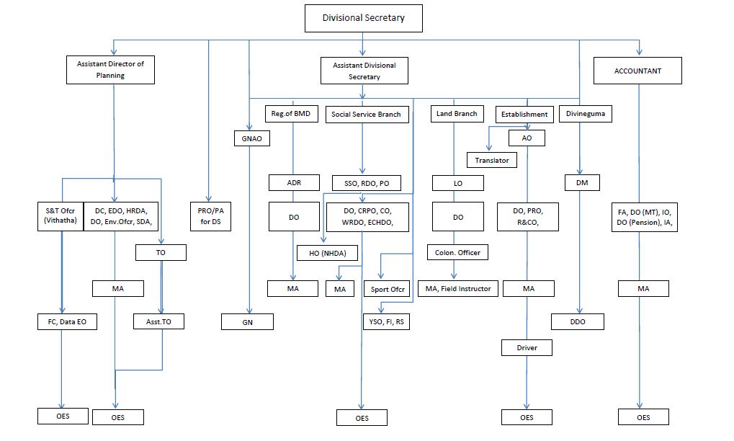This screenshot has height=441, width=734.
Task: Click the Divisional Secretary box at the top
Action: coord(363,18)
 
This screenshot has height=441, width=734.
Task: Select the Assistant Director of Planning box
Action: coord(110,70)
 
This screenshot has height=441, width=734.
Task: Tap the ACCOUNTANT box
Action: coord(637,71)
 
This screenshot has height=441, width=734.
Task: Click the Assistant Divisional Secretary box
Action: coord(364,71)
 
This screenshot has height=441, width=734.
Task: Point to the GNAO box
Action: coord(252,138)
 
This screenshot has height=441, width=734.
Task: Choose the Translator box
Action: coord(492,160)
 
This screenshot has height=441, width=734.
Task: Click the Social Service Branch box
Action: coord(367,115)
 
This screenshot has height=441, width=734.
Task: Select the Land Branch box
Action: coord(457,114)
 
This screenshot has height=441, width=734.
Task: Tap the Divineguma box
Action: coord(585,114)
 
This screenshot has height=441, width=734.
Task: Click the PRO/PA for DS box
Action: coord(210,216)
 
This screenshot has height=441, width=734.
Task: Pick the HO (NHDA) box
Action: coord(328,253)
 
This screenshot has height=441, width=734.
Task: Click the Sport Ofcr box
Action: coord(387,289)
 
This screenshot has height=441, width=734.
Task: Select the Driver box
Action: coord(527,348)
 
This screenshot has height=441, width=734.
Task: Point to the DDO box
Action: coord(578,321)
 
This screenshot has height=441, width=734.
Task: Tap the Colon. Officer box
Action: coord(457,252)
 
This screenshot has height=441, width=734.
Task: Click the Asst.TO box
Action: coord(158,321)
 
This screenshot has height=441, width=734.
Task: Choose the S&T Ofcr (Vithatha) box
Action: coord(61,216)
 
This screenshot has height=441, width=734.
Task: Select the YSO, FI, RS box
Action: coord(386,321)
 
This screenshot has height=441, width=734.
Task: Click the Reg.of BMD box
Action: coord(291,114)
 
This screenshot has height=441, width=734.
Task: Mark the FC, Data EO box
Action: coord(68,321)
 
